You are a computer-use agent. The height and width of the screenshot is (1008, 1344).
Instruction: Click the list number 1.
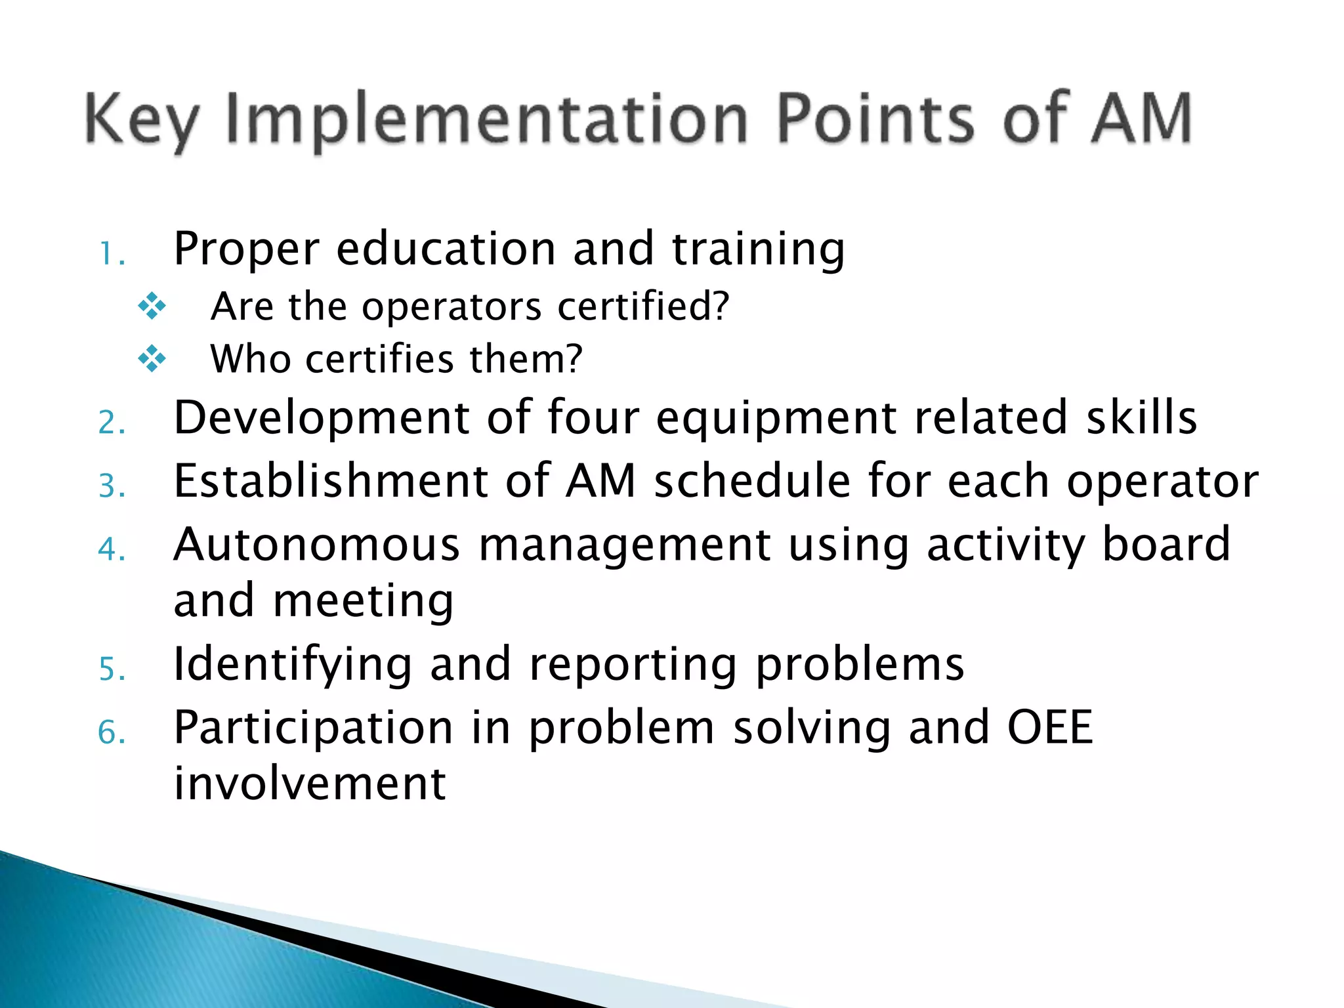coord(110,255)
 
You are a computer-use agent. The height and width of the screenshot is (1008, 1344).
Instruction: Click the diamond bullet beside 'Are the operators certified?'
coord(152,306)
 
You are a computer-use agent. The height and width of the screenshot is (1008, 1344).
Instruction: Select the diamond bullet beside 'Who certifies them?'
coord(152,359)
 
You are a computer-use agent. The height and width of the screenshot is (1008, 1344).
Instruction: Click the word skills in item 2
coord(1141,417)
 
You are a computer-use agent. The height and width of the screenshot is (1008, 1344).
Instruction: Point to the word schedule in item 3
coord(752,481)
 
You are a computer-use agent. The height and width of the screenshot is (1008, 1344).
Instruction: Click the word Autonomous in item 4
coord(316,545)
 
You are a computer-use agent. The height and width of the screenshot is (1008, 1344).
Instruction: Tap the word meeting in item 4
coord(363,602)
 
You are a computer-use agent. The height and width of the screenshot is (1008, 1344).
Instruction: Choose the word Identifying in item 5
coord(293,665)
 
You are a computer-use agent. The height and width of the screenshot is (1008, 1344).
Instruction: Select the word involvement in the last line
coord(310,784)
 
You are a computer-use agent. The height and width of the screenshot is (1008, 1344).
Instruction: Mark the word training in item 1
coord(759,251)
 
